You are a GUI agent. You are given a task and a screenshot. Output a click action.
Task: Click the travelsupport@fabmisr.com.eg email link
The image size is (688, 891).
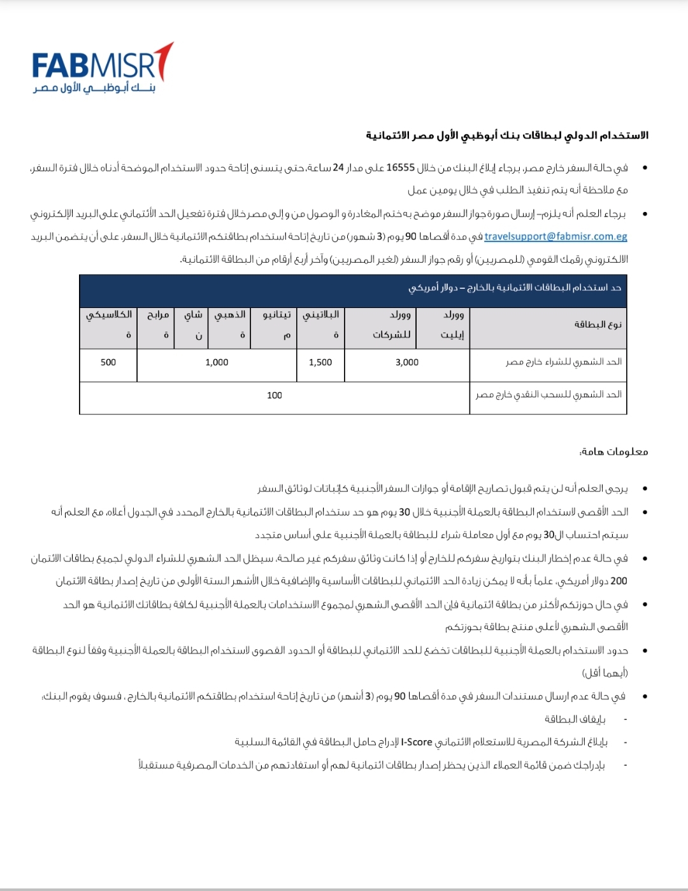pos(555,237)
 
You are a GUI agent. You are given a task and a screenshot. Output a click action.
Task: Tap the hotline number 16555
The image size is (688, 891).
pos(401,168)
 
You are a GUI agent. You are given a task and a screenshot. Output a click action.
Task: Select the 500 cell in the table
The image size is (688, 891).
pos(108,362)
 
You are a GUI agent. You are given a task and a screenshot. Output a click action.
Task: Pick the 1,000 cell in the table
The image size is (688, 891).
pos(217,362)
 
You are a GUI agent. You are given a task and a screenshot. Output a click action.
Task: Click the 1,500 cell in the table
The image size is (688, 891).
pos(320,362)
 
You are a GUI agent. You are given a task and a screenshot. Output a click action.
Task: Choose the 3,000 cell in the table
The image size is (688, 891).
pos(407,362)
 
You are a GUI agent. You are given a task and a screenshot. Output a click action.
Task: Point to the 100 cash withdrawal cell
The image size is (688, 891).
pos(275,395)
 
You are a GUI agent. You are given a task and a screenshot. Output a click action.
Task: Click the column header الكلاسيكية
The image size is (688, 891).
pos(109,325)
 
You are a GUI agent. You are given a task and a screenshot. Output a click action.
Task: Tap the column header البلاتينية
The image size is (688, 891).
pos(321,325)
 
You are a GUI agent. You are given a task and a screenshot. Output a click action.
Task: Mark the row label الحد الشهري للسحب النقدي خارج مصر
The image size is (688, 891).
pos(548,395)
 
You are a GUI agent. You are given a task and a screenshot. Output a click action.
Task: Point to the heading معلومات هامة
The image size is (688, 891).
pos(613,452)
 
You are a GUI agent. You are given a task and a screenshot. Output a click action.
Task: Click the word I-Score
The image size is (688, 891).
pos(417,742)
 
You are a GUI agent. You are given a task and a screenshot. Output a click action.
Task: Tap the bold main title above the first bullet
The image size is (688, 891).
pos(507,136)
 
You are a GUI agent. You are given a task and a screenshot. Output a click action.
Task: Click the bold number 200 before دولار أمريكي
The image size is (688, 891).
pos(619,581)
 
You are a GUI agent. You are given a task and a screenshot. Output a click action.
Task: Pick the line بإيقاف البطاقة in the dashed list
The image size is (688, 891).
pos(575,719)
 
